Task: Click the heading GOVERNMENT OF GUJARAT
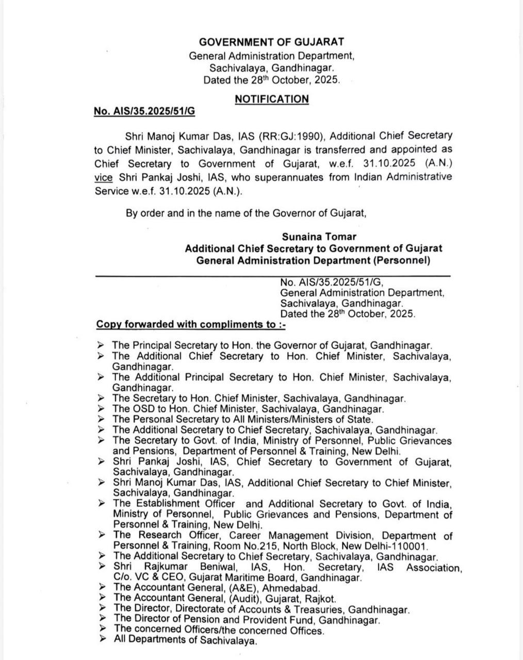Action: [271, 42]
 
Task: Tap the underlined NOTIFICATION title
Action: [271, 98]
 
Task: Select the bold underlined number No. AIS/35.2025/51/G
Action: [144, 111]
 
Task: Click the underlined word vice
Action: [103, 177]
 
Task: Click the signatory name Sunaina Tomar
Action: [319, 237]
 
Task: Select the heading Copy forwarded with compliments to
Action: [191, 324]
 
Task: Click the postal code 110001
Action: [413, 546]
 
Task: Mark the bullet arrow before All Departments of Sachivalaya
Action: [103, 640]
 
